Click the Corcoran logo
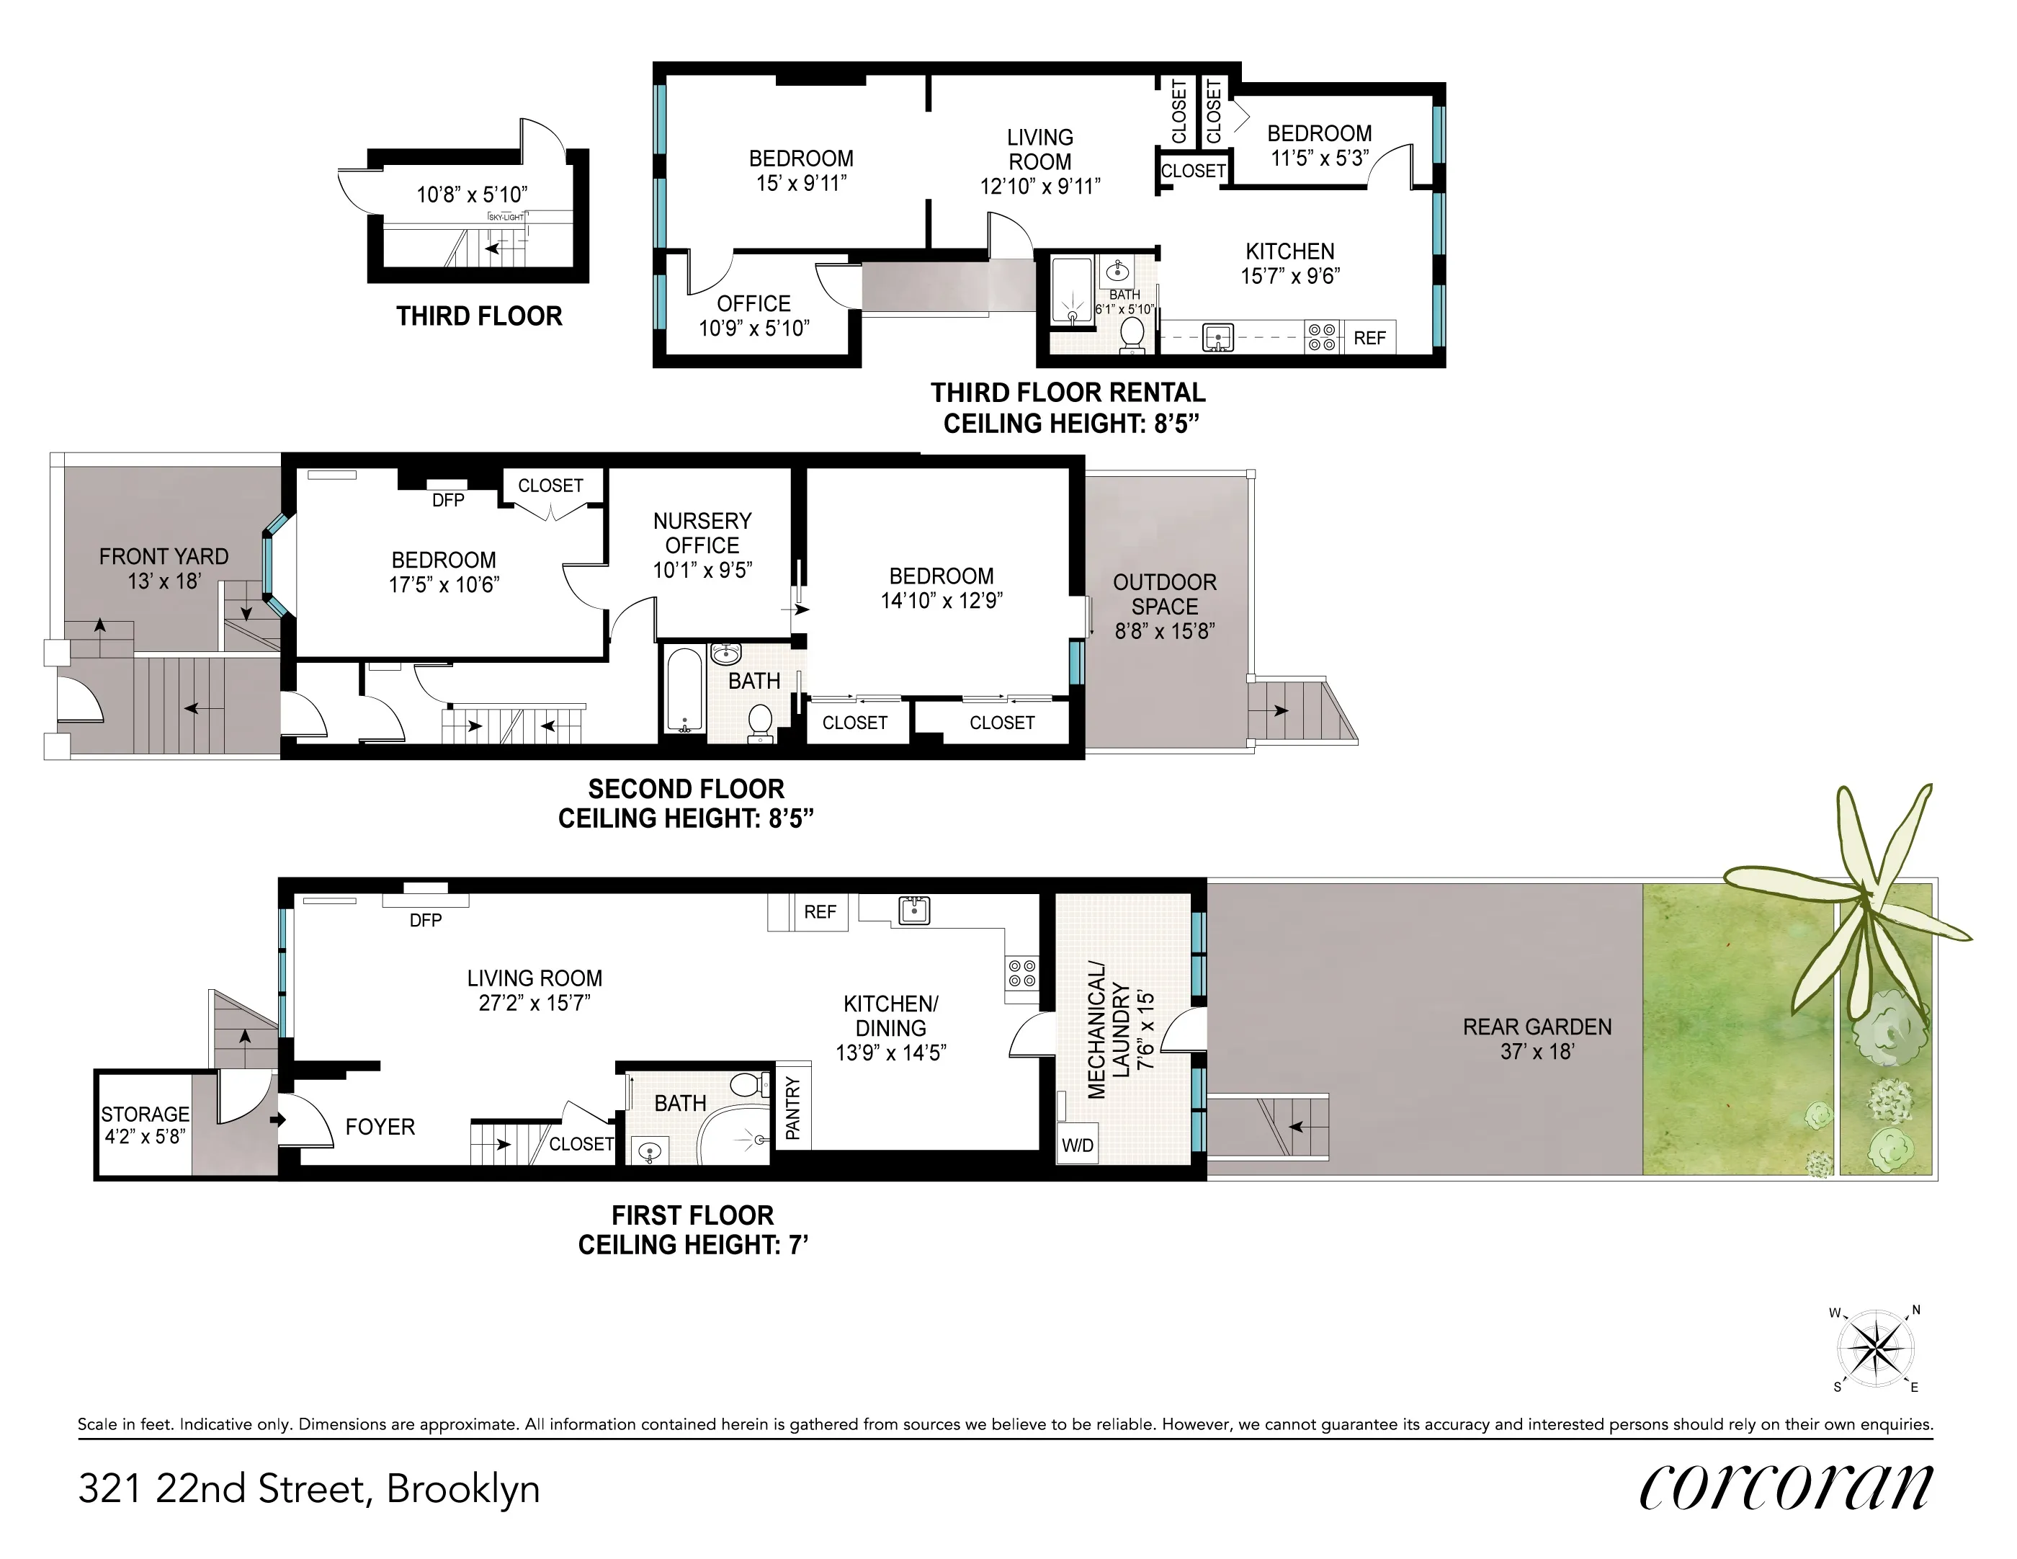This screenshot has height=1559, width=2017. (1784, 1488)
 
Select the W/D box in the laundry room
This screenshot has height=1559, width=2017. (1077, 1146)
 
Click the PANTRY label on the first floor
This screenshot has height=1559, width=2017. (792, 1107)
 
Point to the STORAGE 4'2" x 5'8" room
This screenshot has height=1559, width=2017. (145, 1125)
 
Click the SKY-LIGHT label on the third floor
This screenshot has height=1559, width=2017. (506, 217)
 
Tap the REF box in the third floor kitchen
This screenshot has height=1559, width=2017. (1369, 338)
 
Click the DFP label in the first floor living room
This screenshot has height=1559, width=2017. (425, 920)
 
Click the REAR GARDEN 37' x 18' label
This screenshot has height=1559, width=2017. (1536, 1038)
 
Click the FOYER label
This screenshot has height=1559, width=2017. (380, 1127)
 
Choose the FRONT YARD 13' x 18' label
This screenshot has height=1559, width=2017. (164, 568)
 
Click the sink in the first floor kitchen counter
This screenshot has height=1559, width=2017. (913, 911)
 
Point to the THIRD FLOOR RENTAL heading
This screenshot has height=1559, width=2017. (1068, 393)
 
